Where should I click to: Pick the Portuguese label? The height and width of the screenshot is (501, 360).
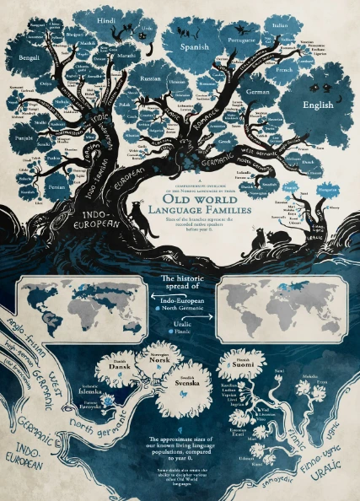(240, 38)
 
